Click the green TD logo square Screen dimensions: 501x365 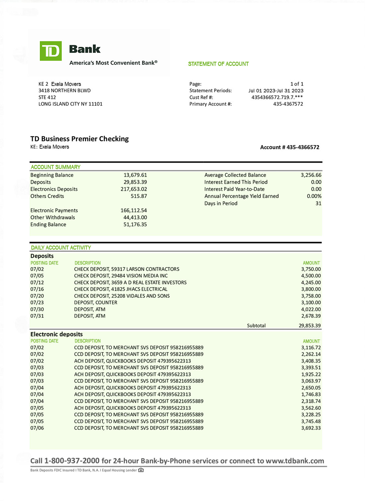tap(51, 51)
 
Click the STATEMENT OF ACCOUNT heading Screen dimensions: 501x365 tap(218, 64)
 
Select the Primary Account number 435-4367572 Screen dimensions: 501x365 tap(288, 104)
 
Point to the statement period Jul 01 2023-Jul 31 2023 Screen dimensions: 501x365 tap(275, 91)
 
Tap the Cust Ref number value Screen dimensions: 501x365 tap(277, 97)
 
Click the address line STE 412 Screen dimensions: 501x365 tap(47, 97)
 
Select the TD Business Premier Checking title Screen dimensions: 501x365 tap(79, 139)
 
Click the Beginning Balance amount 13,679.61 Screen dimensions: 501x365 tap(135, 175)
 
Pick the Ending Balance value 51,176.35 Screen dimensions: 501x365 tap(135, 224)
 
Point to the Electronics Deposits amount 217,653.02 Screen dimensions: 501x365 tap(133, 189)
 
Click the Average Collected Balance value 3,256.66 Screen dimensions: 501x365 tap(311, 175)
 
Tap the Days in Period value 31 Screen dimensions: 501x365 tap(318, 203)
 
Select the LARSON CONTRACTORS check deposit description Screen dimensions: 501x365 tap(126, 269)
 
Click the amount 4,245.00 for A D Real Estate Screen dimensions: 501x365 tap(311, 282)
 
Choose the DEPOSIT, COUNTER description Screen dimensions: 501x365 tap(96, 303)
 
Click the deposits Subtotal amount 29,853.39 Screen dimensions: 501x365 tap(309, 325)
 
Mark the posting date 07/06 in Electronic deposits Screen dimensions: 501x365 tap(37, 428)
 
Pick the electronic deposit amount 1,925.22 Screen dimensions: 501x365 tap(311, 374)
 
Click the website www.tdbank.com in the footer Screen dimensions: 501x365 tap(295, 461)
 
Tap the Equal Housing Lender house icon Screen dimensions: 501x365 tap(141, 470)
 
